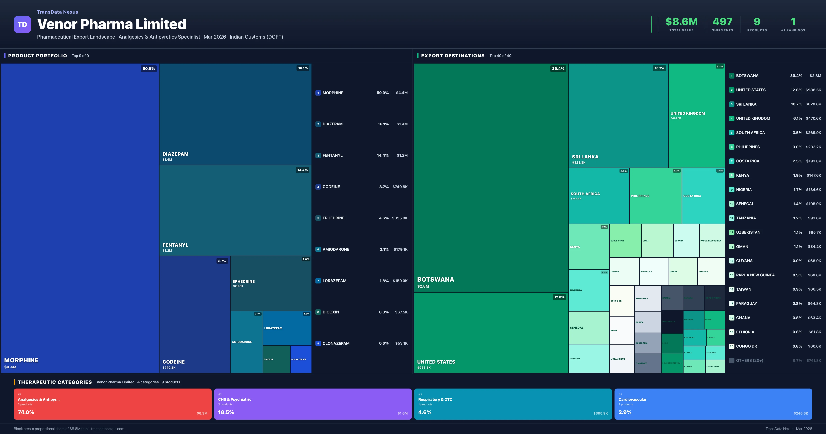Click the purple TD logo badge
click(22, 24)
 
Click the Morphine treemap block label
click(21, 360)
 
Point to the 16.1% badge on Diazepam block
click(303, 68)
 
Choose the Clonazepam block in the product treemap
click(301, 359)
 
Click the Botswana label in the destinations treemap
click(435, 280)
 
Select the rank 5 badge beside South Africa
click(731, 133)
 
